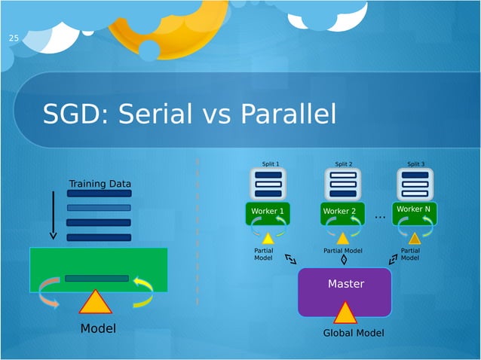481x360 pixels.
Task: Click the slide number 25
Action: pos(13,38)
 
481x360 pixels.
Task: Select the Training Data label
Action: pos(100,184)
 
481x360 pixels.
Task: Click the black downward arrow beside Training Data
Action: pos(53,215)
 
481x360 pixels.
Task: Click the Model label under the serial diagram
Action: pos(98,328)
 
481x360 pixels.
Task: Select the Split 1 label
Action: pos(270,163)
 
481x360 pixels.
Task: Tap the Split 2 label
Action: pos(343,163)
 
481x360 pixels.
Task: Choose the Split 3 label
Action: pos(415,163)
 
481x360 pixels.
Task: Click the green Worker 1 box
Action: pos(268,212)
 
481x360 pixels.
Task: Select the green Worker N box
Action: pos(415,210)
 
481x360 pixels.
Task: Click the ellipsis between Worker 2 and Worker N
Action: pos(379,217)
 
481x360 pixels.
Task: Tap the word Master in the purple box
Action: pos(345,284)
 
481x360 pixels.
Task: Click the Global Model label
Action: pos(354,333)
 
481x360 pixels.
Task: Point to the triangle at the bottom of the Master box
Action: pos(345,313)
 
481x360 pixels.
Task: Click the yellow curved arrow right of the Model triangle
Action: pos(142,292)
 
